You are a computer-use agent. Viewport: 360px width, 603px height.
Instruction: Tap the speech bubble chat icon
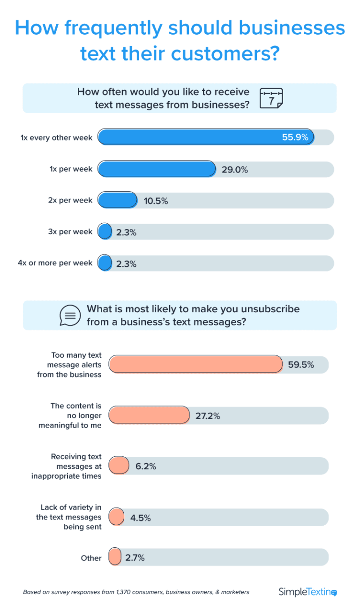coord(70,315)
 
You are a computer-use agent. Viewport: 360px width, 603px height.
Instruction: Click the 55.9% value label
coord(295,137)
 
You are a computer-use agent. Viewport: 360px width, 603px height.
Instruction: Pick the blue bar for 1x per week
coord(157,169)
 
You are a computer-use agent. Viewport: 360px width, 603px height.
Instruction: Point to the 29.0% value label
coord(234,170)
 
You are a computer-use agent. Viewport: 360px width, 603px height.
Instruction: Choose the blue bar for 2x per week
coord(117,200)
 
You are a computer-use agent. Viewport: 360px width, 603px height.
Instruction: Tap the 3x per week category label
coord(70,232)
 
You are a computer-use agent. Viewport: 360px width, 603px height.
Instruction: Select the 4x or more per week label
coord(55,263)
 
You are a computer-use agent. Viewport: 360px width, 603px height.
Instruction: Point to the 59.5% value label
coord(301,365)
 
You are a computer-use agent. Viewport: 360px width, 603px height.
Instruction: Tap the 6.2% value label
coord(146,467)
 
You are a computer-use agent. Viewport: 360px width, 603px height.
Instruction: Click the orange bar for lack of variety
coord(116,517)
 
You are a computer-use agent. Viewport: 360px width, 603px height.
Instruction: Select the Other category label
coord(91,558)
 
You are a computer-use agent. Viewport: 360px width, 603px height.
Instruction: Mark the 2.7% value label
coord(135,558)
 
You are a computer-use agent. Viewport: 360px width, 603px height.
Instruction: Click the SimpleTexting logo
coord(307,592)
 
